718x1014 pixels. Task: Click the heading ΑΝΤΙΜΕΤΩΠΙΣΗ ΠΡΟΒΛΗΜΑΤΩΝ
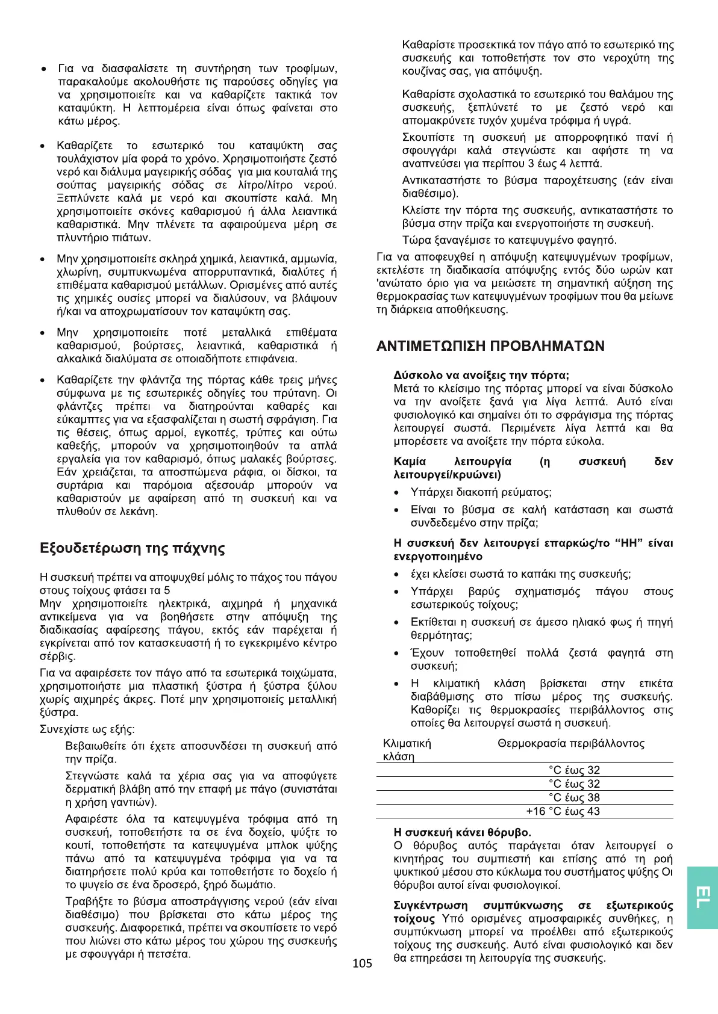tap(490, 346)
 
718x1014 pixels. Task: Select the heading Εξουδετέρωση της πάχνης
tap(132, 548)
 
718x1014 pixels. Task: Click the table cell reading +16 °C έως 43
tap(563, 811)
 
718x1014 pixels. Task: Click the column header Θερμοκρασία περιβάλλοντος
tap(570, 743)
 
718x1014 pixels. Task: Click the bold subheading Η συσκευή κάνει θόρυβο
tap(462, 832)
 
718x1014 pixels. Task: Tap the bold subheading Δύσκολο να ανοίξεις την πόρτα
tap(481, 375)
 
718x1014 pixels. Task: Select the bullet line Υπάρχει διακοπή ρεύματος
tap(480, 492)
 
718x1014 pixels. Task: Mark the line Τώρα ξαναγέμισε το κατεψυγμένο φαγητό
tap(509, 240)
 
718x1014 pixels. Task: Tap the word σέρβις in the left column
tap(54, 657)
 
